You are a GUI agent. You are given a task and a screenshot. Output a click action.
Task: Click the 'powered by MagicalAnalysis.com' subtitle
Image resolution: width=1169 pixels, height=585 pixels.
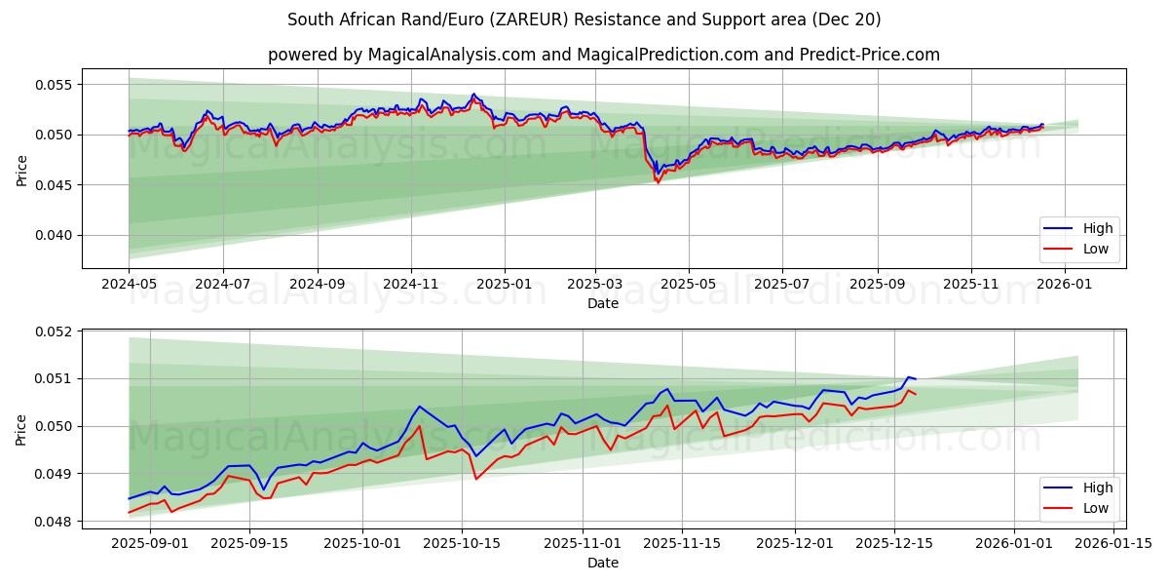click(x=604, y=55)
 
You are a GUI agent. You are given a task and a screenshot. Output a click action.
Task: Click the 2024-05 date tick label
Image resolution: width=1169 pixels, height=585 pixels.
click(x=129, y=284)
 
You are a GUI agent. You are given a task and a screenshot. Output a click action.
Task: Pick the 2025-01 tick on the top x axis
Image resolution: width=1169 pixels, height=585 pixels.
click(x=505, y=284)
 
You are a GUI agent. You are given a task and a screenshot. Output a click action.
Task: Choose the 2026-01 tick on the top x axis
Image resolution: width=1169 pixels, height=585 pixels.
click(x=1064, y=284)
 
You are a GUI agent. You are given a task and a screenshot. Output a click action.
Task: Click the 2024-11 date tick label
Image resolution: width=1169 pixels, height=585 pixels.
click(x=410, y=284)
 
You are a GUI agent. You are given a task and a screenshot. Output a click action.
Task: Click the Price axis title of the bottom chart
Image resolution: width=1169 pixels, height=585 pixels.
click(x=21, y=429)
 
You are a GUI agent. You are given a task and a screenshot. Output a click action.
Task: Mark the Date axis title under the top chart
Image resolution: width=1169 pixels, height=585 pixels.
click(x=604, y=303)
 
